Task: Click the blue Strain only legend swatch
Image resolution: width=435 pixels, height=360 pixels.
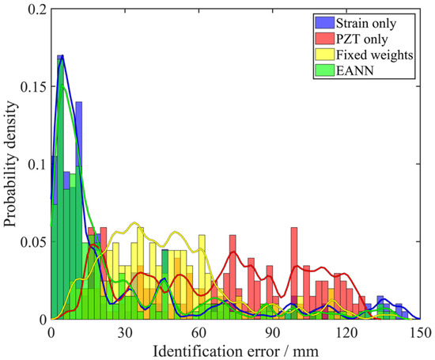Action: [x=324, y=22]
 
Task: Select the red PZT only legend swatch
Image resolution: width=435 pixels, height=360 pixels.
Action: [x=324, y=39]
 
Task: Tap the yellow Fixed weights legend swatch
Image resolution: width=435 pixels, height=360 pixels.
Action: [x=324, y=55]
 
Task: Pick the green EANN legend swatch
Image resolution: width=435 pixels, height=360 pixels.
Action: [x=324, y=70]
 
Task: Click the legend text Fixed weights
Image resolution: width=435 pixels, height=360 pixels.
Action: [x=375, y=55]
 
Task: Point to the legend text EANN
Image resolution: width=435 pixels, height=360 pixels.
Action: [x=355, y=70]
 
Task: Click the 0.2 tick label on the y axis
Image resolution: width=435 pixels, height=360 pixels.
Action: [x=37, y=9]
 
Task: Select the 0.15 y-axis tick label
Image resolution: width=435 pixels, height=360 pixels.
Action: [x=33, y=86]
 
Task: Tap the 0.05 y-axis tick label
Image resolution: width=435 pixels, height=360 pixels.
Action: [x=33, y=242]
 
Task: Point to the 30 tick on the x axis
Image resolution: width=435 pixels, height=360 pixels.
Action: [x=125, y=333]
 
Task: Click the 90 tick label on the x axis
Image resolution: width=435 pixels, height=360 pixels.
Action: [x=272, y=333]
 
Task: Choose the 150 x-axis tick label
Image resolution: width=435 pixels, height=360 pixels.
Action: [x=421, y=333]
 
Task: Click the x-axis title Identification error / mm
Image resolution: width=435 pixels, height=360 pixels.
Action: [x=236, y=351]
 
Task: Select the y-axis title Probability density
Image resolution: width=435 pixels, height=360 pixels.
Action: [x=10, y=164]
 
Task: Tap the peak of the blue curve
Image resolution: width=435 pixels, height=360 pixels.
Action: [x=63, y=55]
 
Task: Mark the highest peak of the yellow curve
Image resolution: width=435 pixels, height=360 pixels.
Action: [x=134, y=222]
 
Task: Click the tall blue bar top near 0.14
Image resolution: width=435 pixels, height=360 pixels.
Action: [x=79, y=102]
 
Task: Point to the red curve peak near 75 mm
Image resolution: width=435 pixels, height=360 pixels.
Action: [x=233, y=252]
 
